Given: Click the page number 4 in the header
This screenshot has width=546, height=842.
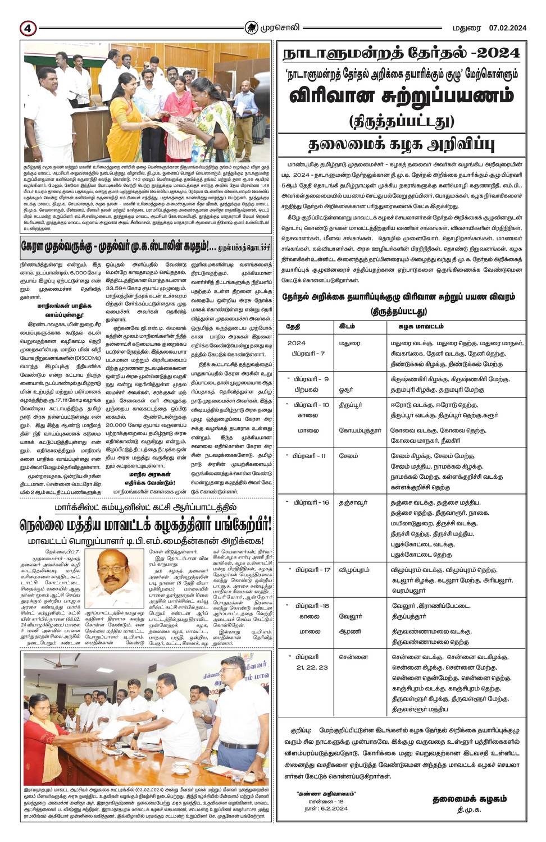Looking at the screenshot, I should pos(26,28).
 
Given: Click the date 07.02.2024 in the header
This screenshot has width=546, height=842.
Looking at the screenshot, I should pos(507,28).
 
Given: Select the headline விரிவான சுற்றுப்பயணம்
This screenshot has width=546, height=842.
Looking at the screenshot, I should pos(401,95).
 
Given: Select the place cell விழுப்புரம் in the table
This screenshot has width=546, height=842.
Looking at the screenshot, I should pos(354,570).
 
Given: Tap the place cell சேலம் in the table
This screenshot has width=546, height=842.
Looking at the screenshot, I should pos(348,456).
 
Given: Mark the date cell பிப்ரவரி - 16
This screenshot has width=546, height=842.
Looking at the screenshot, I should pos(307,503).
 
